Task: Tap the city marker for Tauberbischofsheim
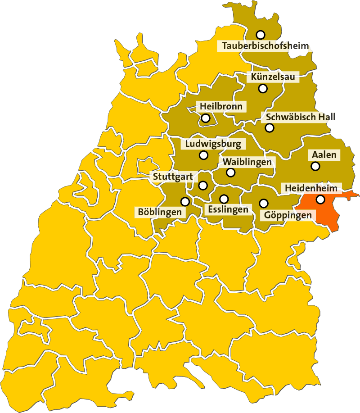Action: [260, 35]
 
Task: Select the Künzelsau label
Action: [273, 77]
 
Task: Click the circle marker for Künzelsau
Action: [263, 88]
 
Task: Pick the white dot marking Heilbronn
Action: [206, 118]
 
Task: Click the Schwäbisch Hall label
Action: [300, 117]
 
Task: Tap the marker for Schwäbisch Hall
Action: [269, 128]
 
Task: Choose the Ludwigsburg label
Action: [213, 144]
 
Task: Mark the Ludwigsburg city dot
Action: [203, 155]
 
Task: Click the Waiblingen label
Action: [247, 162]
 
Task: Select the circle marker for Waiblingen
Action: [230, 172]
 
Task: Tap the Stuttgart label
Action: [172, 177]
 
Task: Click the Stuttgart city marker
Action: [203, 185]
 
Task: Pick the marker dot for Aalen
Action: [315, 166]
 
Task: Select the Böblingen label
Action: [160, 212]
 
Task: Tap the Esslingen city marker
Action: [224, 199]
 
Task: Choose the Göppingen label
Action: [288, 215]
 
